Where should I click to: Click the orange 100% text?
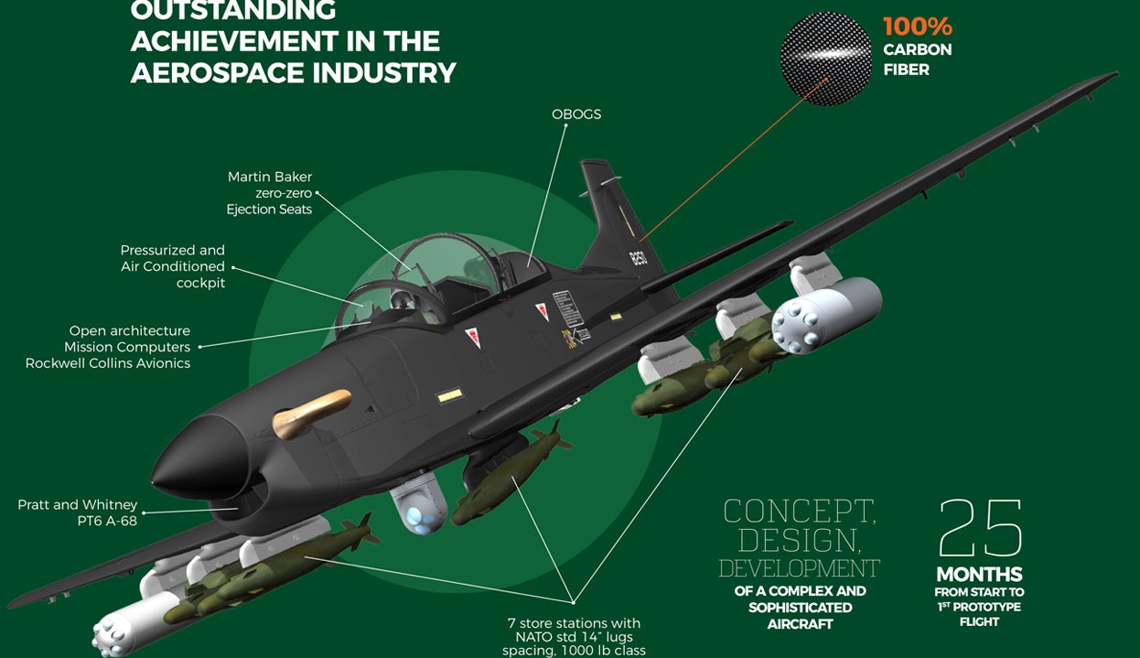pyautogui.click(x=917, y=26)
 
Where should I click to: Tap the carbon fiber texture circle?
pyautogui.click(x=826, y=58)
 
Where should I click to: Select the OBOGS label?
pyautogui.click(x=576, y=114)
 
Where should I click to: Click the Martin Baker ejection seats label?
pyautogui.click(x=270, y=193)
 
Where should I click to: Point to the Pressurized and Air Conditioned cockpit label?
pyautogui.click(x=173, y=266)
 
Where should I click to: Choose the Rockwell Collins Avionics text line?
pyautogui.click(x=108, y=363)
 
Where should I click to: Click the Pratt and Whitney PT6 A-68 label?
pyautogui.click(x=78, y=512)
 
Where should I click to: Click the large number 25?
pyautogui.click(x=980, y=529)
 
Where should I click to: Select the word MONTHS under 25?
pyautogui.click(x=979, y=575)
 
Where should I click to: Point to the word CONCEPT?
pyautogui.click(x=799, y=511)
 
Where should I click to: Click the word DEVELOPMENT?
pyautogui.click(x=799, y=568)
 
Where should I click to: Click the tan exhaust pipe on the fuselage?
pyautogui.click(x=311, y=410)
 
